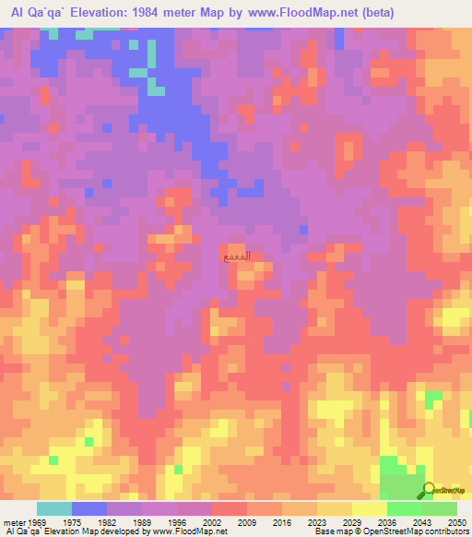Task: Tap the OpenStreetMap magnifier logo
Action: click(x=429, y=490)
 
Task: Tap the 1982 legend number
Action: click(x=108, y=523)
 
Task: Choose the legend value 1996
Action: click(x=178, y=523)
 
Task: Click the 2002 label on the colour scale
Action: click(x=214, y=523)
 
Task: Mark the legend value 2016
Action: click(x=284, y=523)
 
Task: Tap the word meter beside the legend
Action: click(x=14, y=523)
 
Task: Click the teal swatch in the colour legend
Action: click(x=54, y=508)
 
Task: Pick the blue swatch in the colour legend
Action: click(x=89, y=508)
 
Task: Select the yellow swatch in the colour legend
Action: click(x=370, y=508)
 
